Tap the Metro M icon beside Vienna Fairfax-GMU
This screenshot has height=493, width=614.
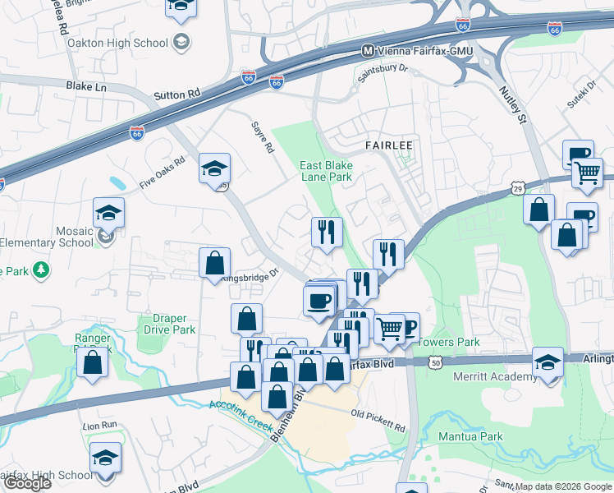[369, 51]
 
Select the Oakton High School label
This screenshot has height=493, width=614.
[118, 43]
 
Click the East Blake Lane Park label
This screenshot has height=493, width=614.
[326, 171]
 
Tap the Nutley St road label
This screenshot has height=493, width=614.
[510, 108]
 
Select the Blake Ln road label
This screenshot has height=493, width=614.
[86, 85]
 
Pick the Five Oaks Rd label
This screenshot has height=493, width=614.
[163, 173]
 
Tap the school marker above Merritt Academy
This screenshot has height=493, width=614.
[548, 362]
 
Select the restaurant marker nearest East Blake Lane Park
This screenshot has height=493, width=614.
[327, 232]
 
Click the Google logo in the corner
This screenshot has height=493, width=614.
[27, 483]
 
